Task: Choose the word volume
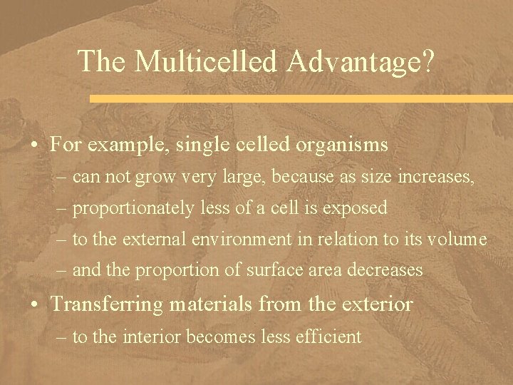pos(459,240)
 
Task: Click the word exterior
pos(377,305)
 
